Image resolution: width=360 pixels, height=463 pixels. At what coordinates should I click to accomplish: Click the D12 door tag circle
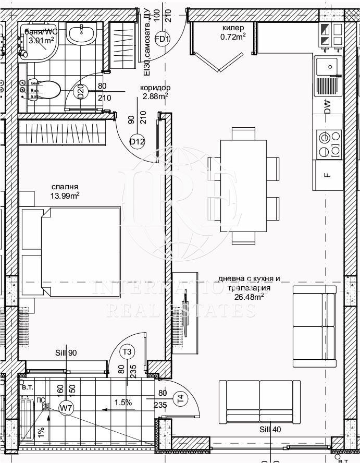point(137,141)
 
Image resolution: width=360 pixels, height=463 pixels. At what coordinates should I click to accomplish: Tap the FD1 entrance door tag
point(163,39)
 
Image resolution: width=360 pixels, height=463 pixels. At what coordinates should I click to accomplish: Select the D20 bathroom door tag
point(81,93)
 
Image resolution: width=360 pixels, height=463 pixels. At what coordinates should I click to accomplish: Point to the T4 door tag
point(180,399)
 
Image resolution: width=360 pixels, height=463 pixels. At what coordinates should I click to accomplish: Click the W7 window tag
point(66,407)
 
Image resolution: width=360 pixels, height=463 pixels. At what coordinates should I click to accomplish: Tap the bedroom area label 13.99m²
point(65,196)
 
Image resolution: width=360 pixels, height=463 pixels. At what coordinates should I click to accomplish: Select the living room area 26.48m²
point(249,296)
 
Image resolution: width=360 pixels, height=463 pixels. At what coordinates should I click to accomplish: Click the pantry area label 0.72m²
point(232,36)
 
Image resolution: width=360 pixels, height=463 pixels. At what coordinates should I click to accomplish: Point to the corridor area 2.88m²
point(154,96)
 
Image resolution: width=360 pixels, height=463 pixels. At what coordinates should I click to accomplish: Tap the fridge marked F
point(327,175)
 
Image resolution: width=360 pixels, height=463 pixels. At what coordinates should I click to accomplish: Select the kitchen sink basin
point(327,66)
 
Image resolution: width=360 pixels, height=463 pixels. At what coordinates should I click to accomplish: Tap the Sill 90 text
point(66,353)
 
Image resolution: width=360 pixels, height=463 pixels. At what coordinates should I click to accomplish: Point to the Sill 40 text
point(270,430)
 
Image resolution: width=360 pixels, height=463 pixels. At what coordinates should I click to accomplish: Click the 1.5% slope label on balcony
point(123,402)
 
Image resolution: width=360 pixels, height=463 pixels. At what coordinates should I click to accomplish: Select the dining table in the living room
point(244,186)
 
